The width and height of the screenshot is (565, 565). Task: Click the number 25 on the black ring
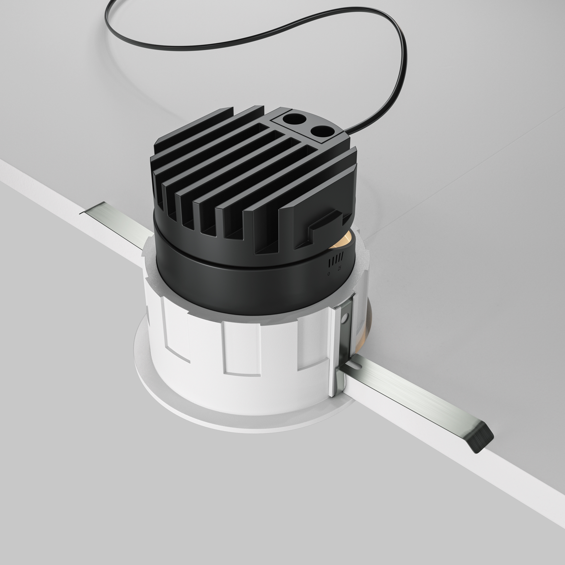[x=339, y=268]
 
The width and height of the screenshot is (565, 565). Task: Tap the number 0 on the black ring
[x=329, y=274]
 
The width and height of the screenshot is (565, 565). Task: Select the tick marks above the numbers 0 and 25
[x=335, y=260]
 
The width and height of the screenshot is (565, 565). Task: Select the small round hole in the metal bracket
[x=347, y=317]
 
